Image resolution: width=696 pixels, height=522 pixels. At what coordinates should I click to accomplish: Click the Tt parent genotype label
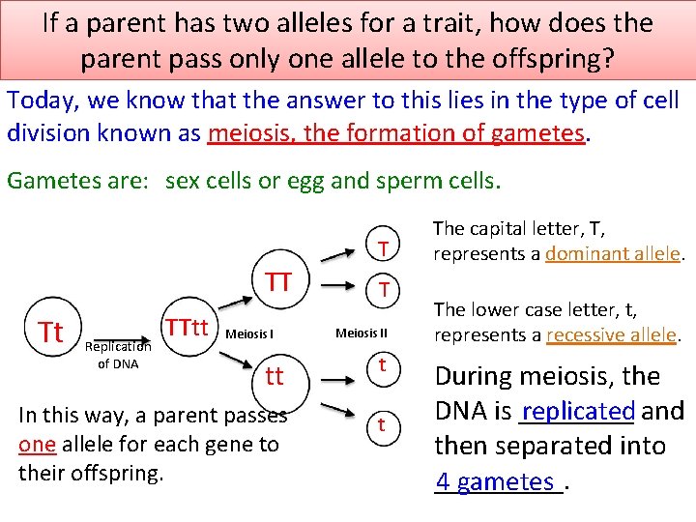click(50, 332)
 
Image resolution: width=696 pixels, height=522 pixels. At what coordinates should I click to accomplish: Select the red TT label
click(278, 281)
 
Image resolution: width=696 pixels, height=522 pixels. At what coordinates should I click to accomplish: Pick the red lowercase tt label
click(275, 376)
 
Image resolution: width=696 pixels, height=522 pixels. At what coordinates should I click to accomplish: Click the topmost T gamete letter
click(383, 248)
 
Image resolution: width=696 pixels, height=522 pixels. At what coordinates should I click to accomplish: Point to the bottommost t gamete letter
click(383, 425)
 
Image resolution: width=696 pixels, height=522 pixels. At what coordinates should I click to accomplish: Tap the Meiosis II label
click(362, 333)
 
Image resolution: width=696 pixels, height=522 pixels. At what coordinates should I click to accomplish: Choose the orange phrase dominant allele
click(613, 254)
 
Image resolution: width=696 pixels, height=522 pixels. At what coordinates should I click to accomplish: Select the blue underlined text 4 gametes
click(495, 481)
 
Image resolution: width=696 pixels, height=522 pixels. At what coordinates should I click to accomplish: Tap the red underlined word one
click(37, 445)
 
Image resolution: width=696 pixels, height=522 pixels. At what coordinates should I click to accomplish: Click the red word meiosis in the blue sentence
click(251, 132)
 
